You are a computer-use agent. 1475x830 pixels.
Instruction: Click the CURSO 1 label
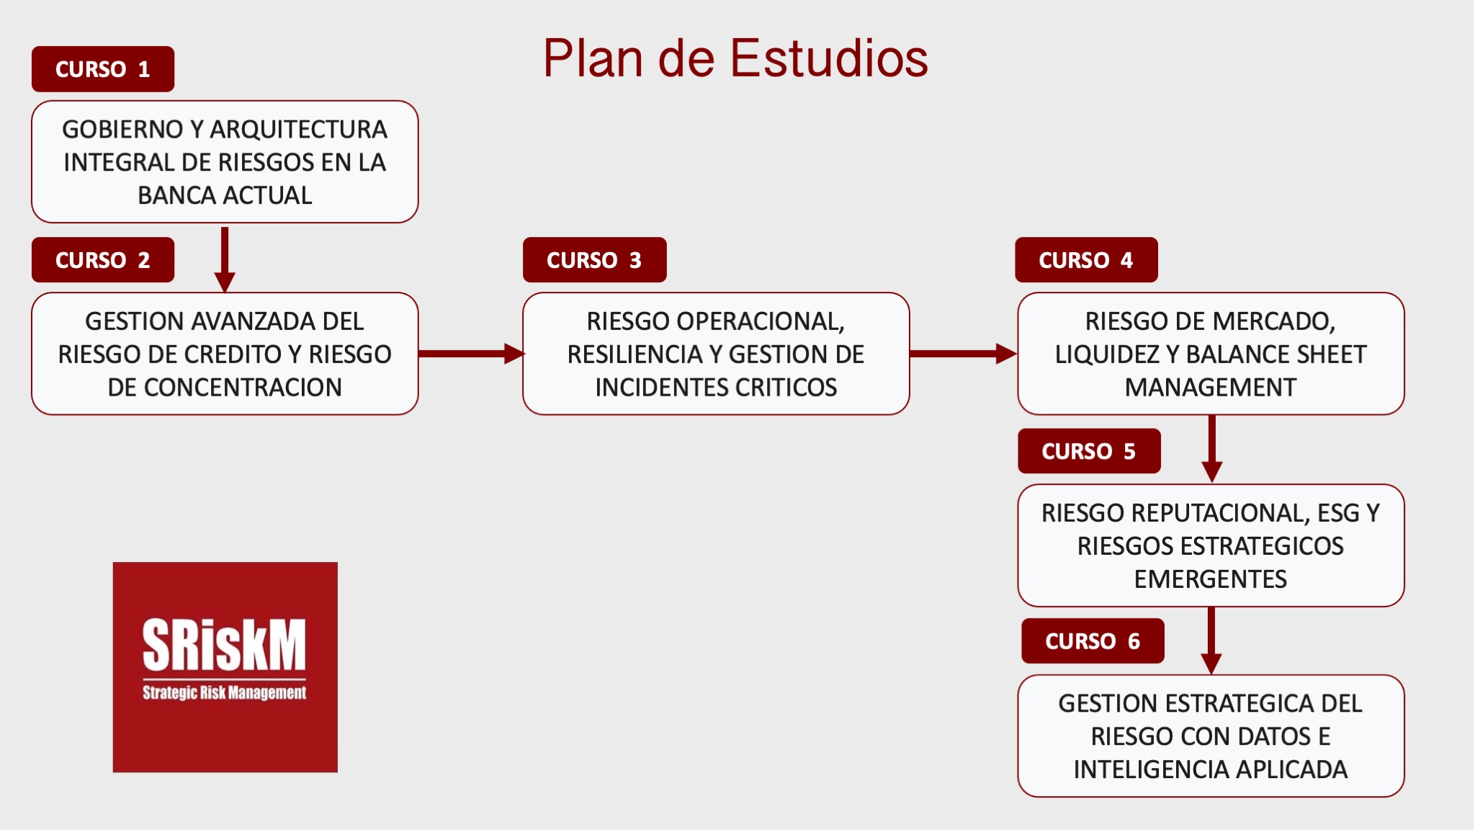point(103,69)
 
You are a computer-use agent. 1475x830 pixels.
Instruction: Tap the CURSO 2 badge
point(103,260)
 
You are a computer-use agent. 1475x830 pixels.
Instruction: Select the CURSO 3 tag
point(595,260)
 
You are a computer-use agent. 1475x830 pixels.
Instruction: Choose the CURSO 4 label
point(1086,260)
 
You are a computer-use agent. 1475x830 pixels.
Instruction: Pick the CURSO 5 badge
point(1089,451)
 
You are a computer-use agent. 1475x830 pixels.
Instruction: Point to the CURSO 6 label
point(1093,641)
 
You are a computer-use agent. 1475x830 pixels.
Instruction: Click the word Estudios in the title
point(829,58)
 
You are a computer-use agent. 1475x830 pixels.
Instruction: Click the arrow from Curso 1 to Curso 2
point(225,260)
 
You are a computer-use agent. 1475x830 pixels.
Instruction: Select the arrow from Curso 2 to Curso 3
point(472,354)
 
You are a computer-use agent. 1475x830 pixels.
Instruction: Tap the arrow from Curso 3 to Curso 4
point(964,354)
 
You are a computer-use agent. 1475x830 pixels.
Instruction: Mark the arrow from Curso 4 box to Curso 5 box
point(1212,449)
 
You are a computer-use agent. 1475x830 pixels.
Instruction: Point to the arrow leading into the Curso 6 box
point(1211,641)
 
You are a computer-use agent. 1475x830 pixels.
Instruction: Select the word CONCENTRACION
point(243,388)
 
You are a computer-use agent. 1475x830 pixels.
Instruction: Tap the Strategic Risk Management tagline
point(225,693)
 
